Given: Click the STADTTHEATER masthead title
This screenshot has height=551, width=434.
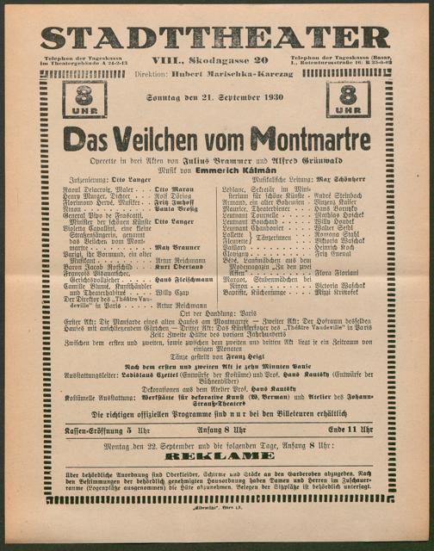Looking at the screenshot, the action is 216,38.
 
